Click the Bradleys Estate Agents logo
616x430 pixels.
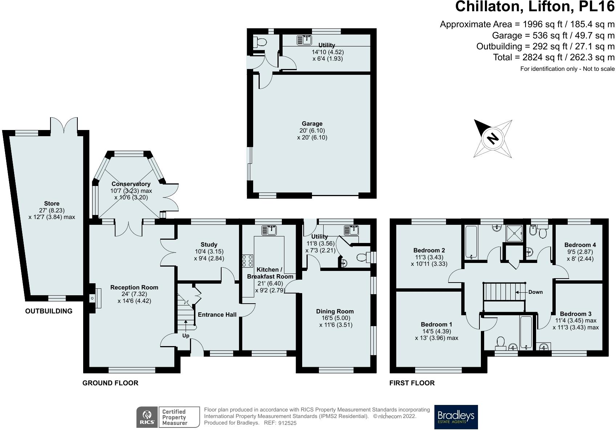456,417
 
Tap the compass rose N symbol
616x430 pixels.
493,139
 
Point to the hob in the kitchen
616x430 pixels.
247,261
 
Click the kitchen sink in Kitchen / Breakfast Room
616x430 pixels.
269,230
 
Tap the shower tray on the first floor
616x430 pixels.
514,234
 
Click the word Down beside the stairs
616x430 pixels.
535,292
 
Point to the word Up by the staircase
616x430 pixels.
186,336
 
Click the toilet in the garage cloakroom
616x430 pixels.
260,42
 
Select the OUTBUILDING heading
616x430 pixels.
49,311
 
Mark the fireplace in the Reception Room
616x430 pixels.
95,298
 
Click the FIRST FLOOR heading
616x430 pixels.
412,383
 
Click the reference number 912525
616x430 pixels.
287,423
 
